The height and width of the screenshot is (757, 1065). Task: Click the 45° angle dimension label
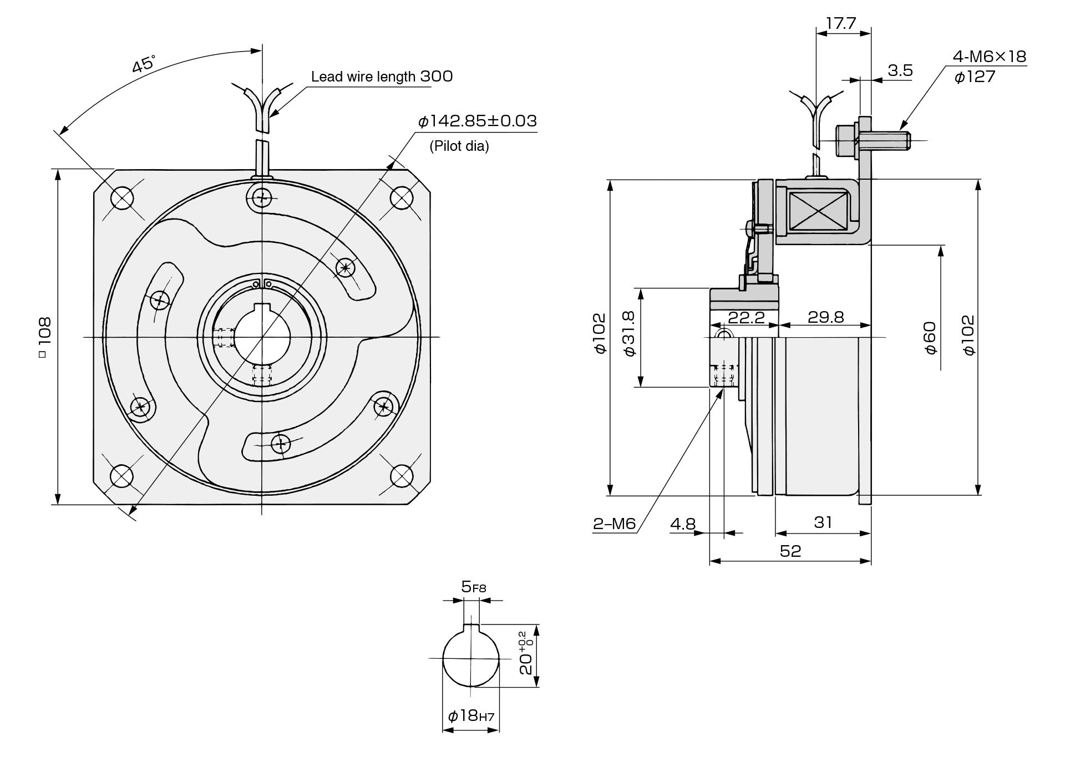143,64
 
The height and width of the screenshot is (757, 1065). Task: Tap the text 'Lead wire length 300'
382,77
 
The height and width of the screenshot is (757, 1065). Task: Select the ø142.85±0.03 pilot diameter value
477,121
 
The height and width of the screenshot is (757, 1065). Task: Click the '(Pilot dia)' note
459,146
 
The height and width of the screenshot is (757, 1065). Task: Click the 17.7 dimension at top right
841,23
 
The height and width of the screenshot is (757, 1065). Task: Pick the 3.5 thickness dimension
900,70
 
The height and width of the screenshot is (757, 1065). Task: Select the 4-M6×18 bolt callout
990,57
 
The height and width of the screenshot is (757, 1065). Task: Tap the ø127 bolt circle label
975,77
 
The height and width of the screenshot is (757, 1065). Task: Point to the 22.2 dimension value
746,317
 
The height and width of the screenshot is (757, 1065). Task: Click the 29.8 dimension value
825,317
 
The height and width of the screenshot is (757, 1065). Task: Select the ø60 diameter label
930,338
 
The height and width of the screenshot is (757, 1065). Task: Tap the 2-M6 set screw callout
614,524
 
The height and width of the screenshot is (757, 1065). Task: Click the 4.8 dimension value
682,524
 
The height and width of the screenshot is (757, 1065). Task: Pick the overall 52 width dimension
790,551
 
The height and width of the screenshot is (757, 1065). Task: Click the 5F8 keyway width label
473,587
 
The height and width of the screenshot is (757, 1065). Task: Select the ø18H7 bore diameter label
470,716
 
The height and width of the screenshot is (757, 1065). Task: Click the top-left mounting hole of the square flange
122,197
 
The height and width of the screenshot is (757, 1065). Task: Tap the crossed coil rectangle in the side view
818,212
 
